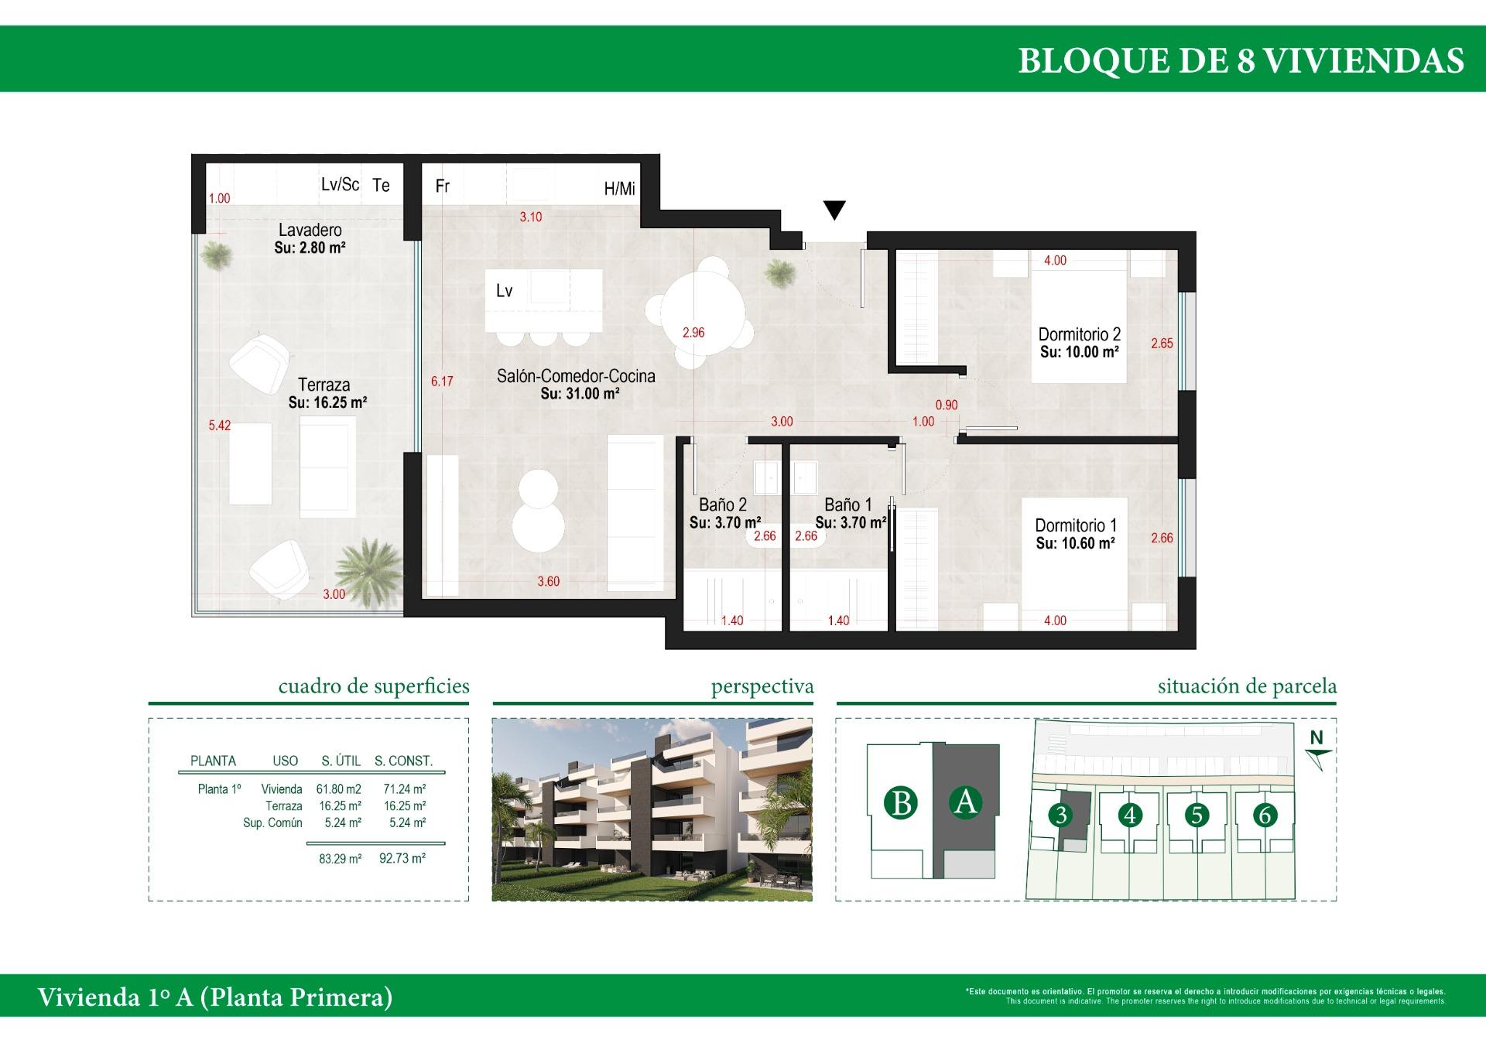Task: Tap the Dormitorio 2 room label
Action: tap(1079, 335)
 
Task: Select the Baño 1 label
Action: tap(847, 505)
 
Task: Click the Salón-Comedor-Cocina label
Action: tap(576, 377)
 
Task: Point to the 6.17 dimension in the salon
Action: tap(442, 381)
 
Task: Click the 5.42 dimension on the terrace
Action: tap(220, 426)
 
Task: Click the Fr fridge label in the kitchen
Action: tap(443, 186)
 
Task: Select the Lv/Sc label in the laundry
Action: tap(340, 185)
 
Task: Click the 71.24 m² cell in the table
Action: tap(405, 789)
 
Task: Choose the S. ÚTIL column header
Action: tap(341, 761)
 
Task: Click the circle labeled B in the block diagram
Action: tap(901, 803)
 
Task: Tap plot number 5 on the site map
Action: tap(1197, 815)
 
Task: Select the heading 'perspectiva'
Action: tap(762, 686)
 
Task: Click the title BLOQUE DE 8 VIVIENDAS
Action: tap(1241, 60)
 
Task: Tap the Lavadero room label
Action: tap(310, 231)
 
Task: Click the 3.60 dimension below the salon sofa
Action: tap(548, 582)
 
